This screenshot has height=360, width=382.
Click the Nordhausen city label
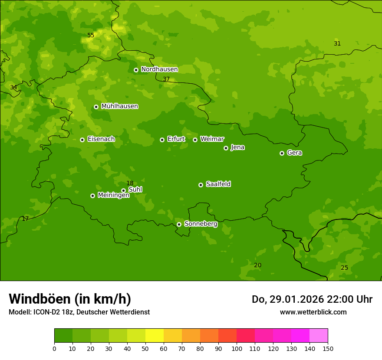click(159, 69)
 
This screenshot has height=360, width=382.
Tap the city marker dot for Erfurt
click(162, 140)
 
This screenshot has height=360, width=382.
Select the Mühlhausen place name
click(119, 106)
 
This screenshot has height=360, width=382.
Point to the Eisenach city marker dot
click(82, 140)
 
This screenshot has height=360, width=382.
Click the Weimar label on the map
click(212, 139)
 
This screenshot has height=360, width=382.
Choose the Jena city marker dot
click(226, 148)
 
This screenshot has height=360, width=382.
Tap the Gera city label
click(294, 153)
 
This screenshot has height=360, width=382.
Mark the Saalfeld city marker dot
click(201, 185)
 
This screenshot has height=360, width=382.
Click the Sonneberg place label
click(201, 224)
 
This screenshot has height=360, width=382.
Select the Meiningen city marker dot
click(92, 196)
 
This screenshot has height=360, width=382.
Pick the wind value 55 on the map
click(91, 35)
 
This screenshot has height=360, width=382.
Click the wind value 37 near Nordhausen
click(166, 79)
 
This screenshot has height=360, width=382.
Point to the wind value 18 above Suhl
click(130, 183)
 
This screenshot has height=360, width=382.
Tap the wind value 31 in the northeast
click(337, 43)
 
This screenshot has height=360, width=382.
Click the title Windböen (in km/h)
click(70, 299)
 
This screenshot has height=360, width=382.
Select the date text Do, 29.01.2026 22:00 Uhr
click(312, 299)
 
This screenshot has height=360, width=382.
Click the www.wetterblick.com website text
click(313, 312)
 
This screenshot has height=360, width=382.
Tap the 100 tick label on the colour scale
click(237, 348)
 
